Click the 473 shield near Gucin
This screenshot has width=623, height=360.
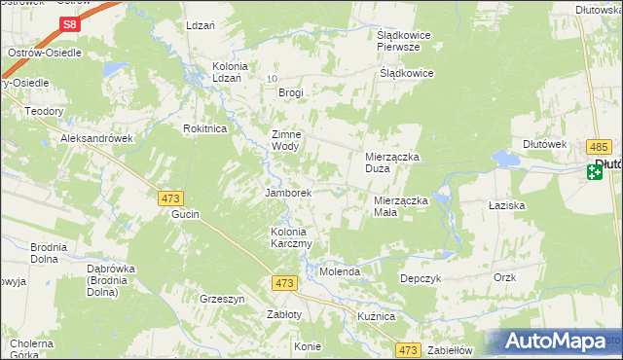[x=170, y=198]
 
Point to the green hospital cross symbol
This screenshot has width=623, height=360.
[x=595, y=173]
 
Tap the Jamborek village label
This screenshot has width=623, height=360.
[x=288, y=193]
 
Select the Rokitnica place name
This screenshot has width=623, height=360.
[x=205, y=128]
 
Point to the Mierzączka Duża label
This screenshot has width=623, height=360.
[x=391, y=162]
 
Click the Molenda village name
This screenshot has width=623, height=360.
[x=341, y=271]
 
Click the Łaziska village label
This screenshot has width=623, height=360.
[x=507, y=206]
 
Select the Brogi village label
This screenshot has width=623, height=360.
[x=291, y=93]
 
